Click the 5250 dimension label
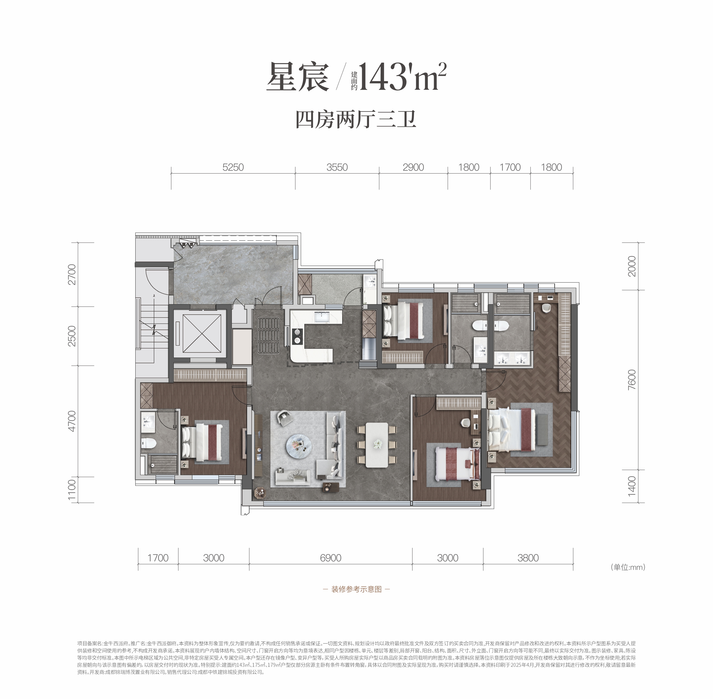pos(233,167)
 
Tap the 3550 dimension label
pos(337,167)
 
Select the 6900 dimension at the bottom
pos(331,558)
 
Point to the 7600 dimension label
pos(632,380)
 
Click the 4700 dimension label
pos(72,421)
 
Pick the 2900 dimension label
pos(413,167)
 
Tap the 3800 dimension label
pos(528,558)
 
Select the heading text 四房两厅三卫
pos(356,119)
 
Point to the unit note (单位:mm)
pos(628,567)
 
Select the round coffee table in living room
pos(300,446)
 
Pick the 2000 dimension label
pos(632,266)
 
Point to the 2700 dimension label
pos(72,274)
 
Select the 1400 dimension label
pos(632,486)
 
